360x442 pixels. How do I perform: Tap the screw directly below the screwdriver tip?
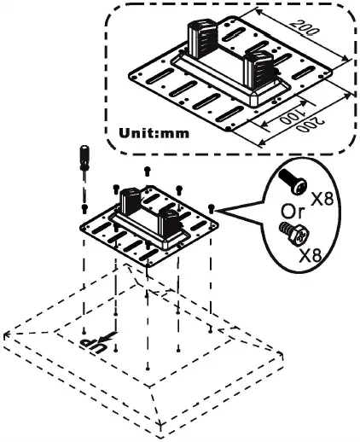[84, 207]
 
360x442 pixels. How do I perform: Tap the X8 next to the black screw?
[322, 200]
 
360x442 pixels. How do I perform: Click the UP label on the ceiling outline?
[92, 343]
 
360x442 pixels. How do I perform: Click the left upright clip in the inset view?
[205, 37]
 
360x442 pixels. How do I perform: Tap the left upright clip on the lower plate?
[131, 201]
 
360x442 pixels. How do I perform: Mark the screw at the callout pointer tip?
[210, 208]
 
